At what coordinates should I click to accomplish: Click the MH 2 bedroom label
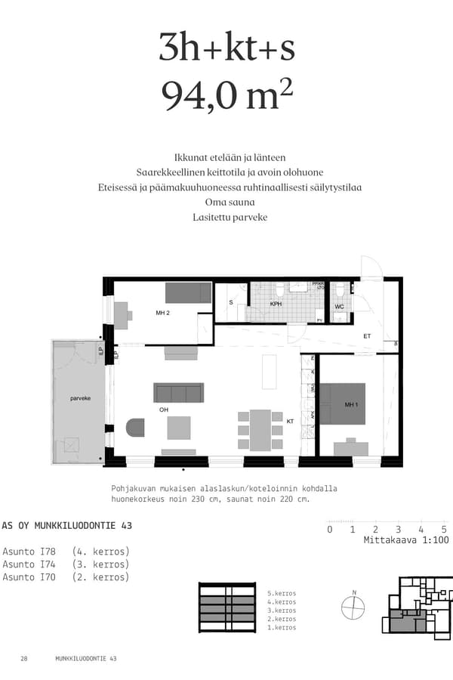[x=162, y=312]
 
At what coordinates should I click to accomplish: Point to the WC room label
[x=339, y=307]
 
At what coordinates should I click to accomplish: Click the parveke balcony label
[x=76, y=397]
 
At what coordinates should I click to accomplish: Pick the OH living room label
[x=163, y=410]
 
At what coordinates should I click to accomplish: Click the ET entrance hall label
[x=368, y=335]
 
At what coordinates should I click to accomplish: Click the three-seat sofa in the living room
[x=179, y=393]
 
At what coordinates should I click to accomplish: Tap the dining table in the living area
[x=260, y=430]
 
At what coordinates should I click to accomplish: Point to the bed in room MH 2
[x=188, y=292]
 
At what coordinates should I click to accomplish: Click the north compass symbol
[x=353, y=607]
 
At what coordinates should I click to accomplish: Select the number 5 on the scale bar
[x=444, y=530]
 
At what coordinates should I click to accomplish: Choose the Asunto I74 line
[x=66, y=564]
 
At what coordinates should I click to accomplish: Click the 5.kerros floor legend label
[x=282, y=594]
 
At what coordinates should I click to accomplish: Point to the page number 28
[x=24, y=659]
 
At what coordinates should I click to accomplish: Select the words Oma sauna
[x=226, y=202]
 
